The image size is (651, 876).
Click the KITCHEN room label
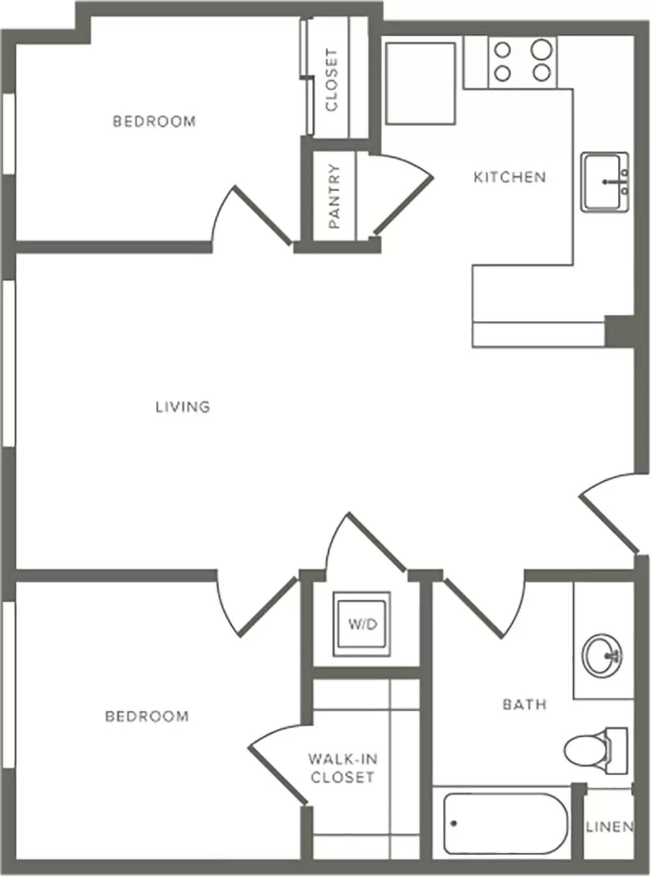(x=510, y=177)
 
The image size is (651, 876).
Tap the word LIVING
(x=183, y=407)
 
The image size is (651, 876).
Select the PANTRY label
(x=334, y=196)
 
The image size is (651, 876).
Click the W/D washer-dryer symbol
(x=362, y=624)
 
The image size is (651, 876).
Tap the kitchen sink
(x=605, y=182)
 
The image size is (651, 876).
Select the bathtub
(x=506, y=823)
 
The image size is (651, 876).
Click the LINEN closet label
(x=610, y=827)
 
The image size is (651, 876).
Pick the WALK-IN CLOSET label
(x=342, y=768)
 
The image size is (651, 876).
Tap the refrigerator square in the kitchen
(x=421, y=84)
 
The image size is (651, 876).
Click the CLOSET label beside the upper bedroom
(x=331, y=80)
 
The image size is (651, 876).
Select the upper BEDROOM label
(x=154, y=121)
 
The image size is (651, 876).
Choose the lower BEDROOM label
(x=147, y=717)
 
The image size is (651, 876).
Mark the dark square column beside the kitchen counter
(x=620, y=331)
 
